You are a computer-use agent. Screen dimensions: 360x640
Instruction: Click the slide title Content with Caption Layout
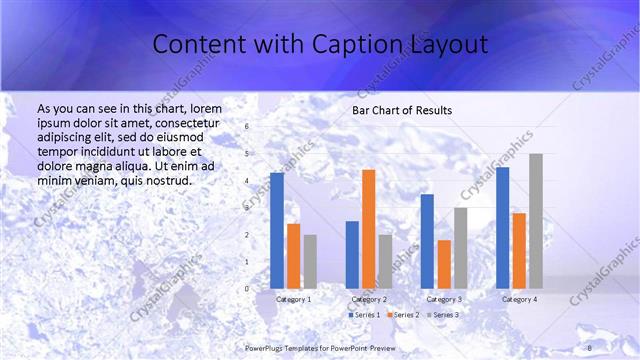point(320,45)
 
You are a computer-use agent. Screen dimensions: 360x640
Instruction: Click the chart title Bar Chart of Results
point(402,110)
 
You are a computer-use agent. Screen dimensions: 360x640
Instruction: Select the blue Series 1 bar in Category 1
point(277,230)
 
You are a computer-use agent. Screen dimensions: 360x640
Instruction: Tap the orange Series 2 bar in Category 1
point(293,256)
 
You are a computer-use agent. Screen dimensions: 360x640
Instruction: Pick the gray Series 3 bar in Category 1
point(310,261)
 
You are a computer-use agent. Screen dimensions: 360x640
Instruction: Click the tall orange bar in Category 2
point(368,229)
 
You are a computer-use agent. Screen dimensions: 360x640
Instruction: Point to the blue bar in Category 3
point(427,241)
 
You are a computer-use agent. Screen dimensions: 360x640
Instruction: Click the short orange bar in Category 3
point(444,264)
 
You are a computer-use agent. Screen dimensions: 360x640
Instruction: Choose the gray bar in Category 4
point(535,221)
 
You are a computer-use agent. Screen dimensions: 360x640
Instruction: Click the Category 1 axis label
point(293,299)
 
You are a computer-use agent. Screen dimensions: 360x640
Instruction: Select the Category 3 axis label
point(444,299)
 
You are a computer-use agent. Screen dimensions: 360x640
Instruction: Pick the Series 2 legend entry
point(402,315)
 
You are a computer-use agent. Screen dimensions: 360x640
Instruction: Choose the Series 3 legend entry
point(442,315)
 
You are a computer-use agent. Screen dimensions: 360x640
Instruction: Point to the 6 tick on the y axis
point(246,127)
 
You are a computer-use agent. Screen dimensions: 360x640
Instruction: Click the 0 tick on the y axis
point(246,288)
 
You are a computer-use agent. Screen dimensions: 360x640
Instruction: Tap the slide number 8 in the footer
point(589,347)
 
